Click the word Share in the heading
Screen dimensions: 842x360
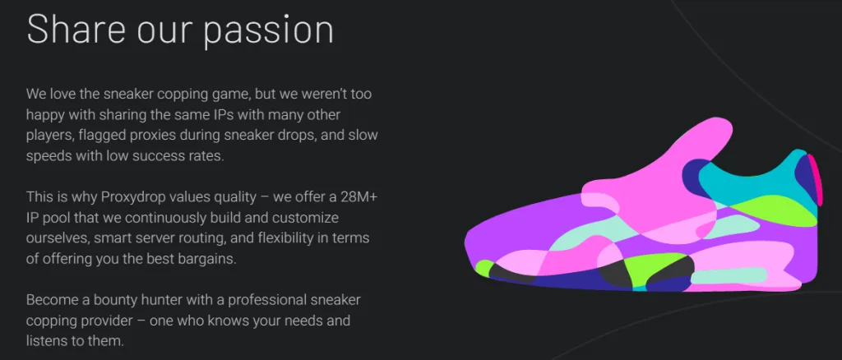76,30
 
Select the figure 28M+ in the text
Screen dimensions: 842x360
359,197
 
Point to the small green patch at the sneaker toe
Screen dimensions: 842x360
483,268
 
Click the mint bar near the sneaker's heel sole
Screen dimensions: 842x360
729,275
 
